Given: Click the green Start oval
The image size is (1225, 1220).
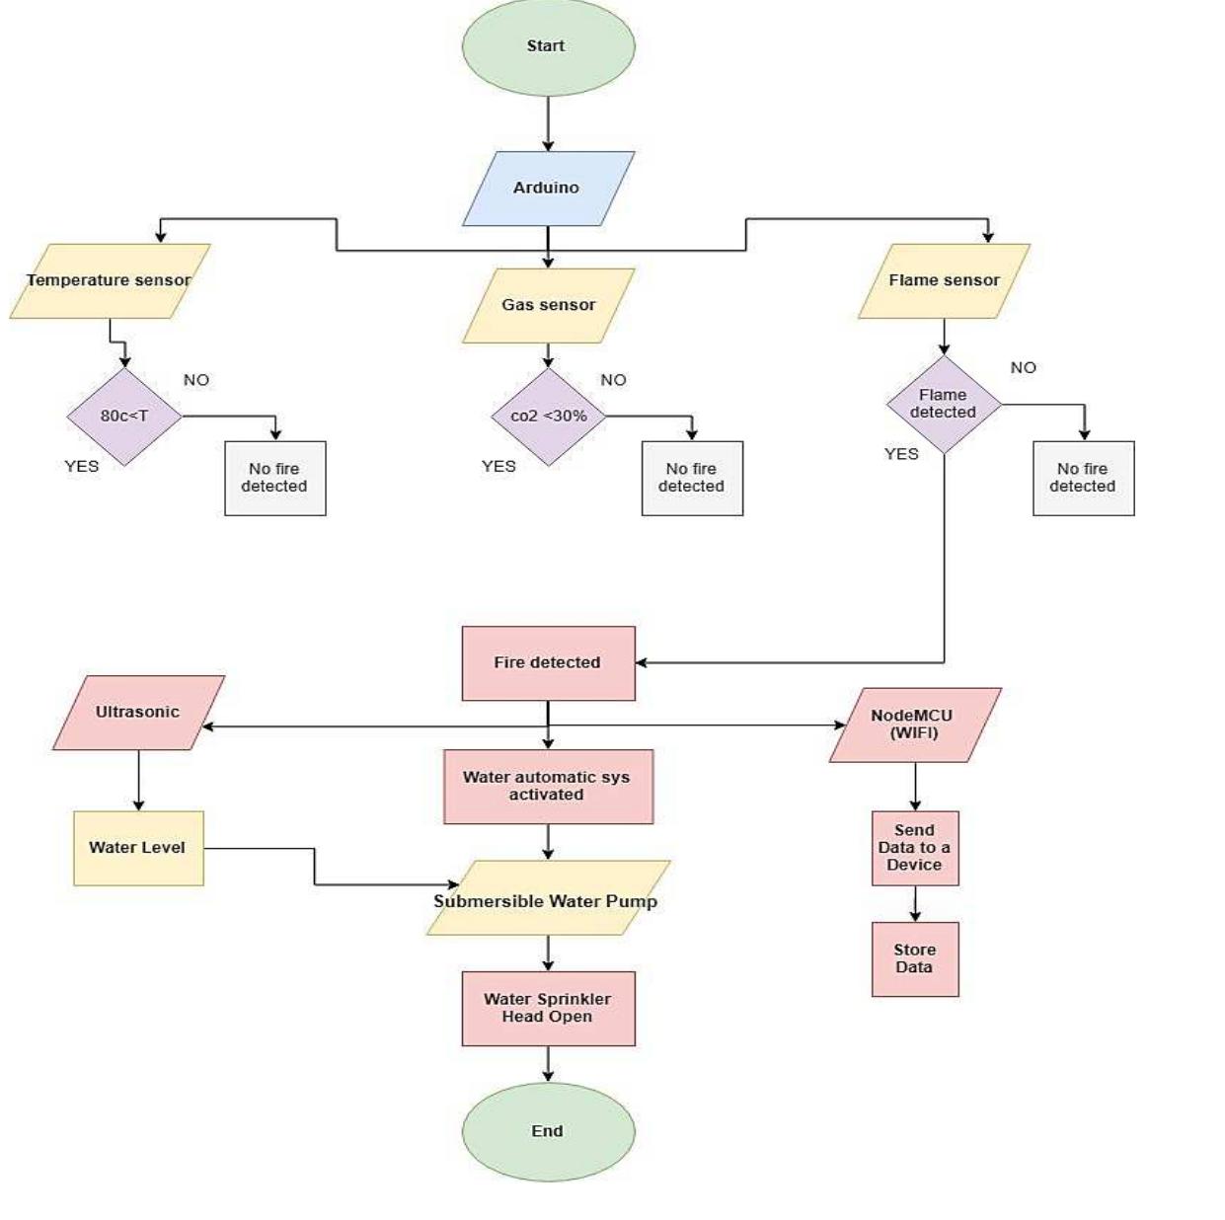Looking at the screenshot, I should tap(548, 46).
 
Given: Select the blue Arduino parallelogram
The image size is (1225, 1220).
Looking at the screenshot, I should tap(548, 189).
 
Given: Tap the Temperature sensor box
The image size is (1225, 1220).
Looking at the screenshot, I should tap(110, 281).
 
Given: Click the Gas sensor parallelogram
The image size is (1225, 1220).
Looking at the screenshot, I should tap(548, 306).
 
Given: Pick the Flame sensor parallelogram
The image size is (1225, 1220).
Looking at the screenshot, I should tap(944, 281).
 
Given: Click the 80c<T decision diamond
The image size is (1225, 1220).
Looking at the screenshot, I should tap(124, 417).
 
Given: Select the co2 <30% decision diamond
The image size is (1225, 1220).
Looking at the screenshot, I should tap(549, 417).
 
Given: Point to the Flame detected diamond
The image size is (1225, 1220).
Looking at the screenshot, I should tap(944, 405).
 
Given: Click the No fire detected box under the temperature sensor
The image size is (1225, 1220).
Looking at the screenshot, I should tap(274, 478).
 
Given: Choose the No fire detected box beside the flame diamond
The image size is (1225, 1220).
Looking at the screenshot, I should tap(1083, 478).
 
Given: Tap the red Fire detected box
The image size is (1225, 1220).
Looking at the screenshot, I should tap(548, 663).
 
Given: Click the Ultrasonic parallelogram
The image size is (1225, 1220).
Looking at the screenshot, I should tap(138, 713).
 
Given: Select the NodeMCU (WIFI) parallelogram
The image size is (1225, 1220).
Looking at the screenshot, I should tap(915, 725).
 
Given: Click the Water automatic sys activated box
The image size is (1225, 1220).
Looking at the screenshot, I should tap(548, 787).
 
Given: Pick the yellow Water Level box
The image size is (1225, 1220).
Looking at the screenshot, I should tap(138, 848).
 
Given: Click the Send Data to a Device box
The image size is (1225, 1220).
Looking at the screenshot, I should tap(915, 848).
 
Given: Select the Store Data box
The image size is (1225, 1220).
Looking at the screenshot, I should tap(915, 959).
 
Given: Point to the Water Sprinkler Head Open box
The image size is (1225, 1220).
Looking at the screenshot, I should tap(548, 1009).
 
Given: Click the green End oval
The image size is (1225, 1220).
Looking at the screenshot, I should tap(548, 1132).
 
